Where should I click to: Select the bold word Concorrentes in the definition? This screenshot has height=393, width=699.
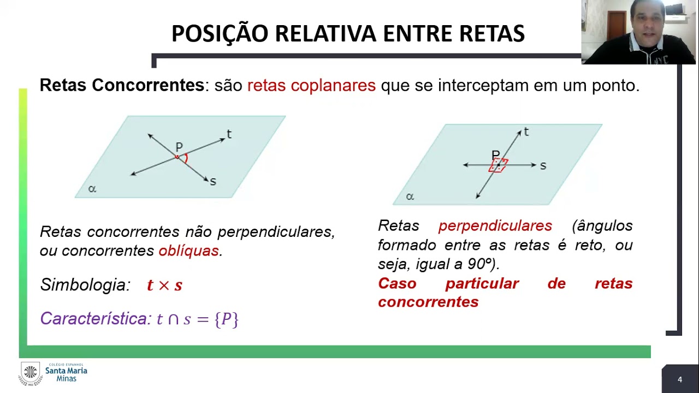tap(148, 85)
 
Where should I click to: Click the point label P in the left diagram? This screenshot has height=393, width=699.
tap(179, 147)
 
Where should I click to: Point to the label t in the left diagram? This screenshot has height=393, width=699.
tap(229, 134)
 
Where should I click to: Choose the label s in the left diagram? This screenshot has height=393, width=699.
tap(212, 182)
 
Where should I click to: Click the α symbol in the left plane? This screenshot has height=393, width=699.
tap(92, 189)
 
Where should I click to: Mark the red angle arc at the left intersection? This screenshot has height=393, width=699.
tap(186, 158)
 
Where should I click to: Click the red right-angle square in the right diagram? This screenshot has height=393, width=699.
tap(499, 165)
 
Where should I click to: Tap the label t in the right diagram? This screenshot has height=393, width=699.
tap(526, 132)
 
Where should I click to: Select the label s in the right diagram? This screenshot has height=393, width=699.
tap(543, 166)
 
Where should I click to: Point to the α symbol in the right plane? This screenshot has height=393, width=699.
tap(410, 196)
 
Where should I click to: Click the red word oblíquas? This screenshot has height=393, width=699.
tap(188, 251)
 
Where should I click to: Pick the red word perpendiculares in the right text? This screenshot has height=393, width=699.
tap(495, 226)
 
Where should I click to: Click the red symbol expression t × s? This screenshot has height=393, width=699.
tap(164, 285)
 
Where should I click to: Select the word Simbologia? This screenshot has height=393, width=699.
tap(85, 284)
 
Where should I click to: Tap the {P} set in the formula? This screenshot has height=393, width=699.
tap(227, 319)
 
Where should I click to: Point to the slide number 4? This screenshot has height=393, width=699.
tap(680, 379)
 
